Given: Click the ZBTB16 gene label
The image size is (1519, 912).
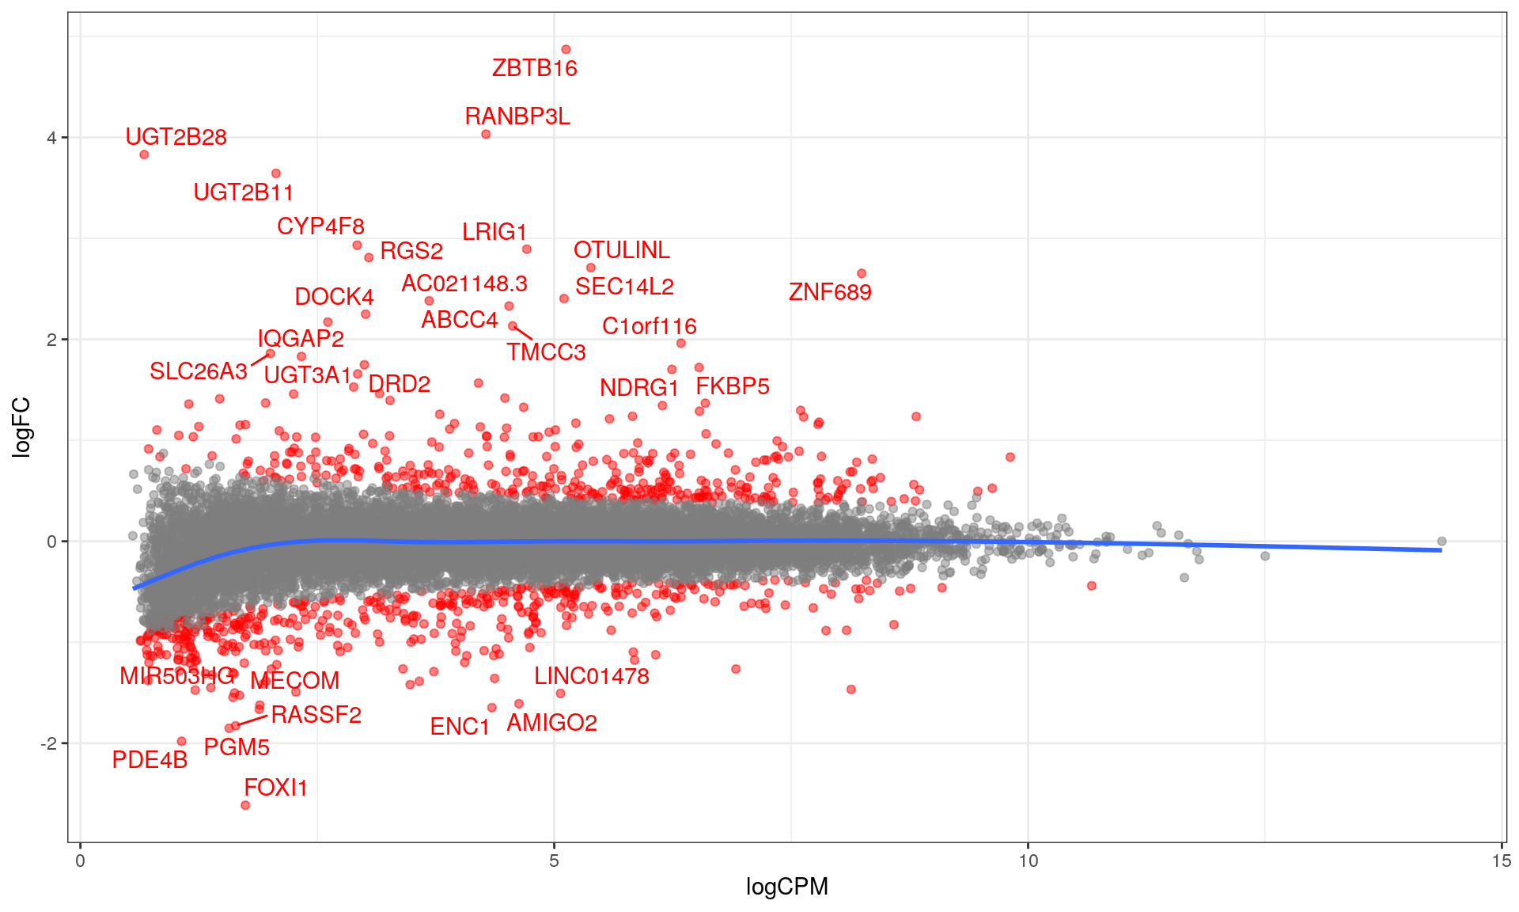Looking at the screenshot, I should (x=534, y=68).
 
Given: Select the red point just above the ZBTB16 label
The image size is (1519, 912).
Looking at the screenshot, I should (x=566, y=50).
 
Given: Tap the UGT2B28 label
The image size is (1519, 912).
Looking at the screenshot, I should (x=176, y=137).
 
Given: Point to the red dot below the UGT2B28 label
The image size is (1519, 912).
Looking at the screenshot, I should (x=144, y=154).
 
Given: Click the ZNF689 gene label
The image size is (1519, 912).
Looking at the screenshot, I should (x=830, y=292).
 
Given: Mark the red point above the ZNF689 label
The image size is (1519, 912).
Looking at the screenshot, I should (x=862, y=274).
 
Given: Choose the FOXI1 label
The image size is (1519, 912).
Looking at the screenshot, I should (x=275, y=788).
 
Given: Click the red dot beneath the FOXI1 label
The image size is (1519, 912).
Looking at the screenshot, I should (x=245, y=805).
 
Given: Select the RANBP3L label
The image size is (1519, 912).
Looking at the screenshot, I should (x=517, y=116).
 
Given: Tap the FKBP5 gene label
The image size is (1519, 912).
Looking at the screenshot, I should (x=732, y=386).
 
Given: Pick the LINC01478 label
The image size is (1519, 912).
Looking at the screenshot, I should (x=591, y=676).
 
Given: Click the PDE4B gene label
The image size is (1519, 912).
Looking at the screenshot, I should (x=150, y=760).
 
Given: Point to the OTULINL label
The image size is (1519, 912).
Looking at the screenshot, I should (x=621, y=250).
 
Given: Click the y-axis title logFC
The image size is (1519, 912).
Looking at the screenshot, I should (x=22, y=427).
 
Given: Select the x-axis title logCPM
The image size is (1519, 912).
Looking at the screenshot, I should (x=786, y=887).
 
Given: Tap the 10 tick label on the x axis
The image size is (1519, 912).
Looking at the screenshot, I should (x=1027, y=861).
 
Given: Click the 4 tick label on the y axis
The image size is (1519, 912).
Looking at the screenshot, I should (x=52, y=138).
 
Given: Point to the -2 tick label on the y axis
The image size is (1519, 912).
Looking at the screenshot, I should (x=49, y=743).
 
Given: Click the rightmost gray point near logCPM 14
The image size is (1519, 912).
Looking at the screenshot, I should (x=1441, y=541).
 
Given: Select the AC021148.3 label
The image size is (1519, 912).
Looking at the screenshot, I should (x=464, y=283).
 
